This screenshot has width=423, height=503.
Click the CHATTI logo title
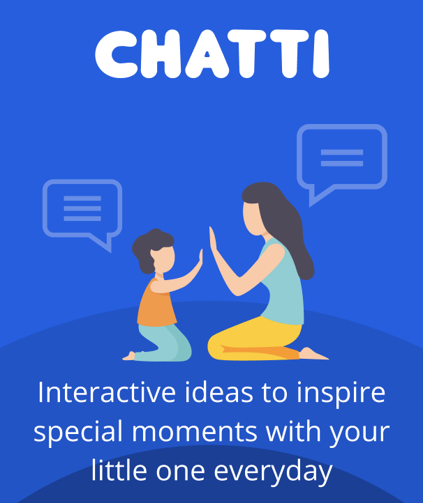click(212, 54)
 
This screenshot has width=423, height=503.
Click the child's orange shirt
click(156, 304)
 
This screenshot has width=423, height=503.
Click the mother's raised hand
click(213, 240)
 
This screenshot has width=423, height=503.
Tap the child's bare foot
click(129, 356)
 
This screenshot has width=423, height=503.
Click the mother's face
click(253, 219)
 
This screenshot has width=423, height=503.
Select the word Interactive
click(107, 393)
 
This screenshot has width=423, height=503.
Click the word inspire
click(341, 394)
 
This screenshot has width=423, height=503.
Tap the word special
click(78, 431)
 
